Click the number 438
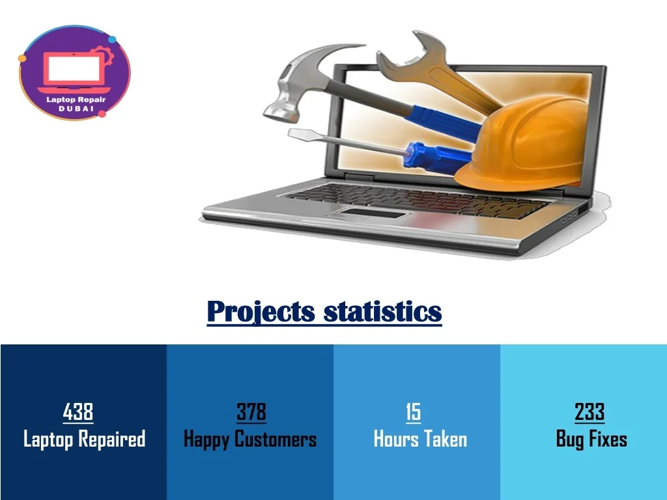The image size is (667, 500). tap(78, 411)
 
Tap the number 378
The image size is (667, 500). tap(251, 411)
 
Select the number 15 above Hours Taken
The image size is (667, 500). tap(413, 411)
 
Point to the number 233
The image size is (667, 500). tap(589, 411)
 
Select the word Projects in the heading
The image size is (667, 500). tap(261, 311)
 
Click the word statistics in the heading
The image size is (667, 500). tap(383, 311)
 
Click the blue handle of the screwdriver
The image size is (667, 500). tap(438, 158)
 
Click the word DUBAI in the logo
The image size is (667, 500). tap(76, 109)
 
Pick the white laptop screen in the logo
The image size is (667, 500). tap(74, 69)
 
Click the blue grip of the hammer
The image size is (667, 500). tap(442, 120)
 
